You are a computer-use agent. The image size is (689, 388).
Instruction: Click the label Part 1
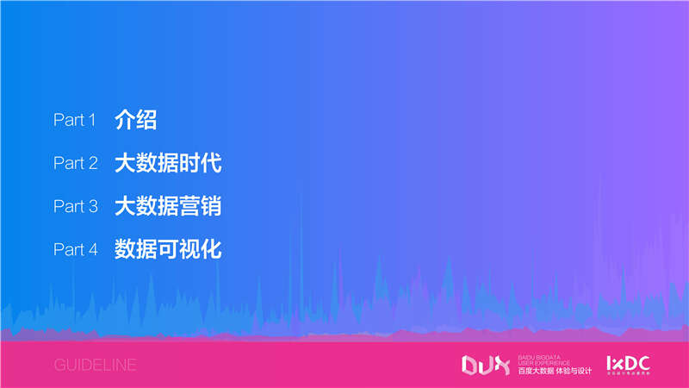tap(75, 121)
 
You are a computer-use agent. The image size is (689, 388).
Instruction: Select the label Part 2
tap(76, 164)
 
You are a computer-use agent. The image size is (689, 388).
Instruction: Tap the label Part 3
tap(76, 207)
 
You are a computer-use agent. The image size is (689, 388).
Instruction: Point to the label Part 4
tap(76, 250)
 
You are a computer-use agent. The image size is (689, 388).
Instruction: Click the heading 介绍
tap(135, 120)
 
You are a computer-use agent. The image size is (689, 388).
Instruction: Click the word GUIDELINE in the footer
tap(95, 366)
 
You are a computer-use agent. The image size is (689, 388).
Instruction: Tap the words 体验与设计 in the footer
tap(573, 371)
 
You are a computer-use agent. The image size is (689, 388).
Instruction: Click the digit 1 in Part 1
tap(91, 121)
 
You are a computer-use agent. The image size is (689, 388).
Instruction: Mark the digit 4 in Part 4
tap(92, 250)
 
